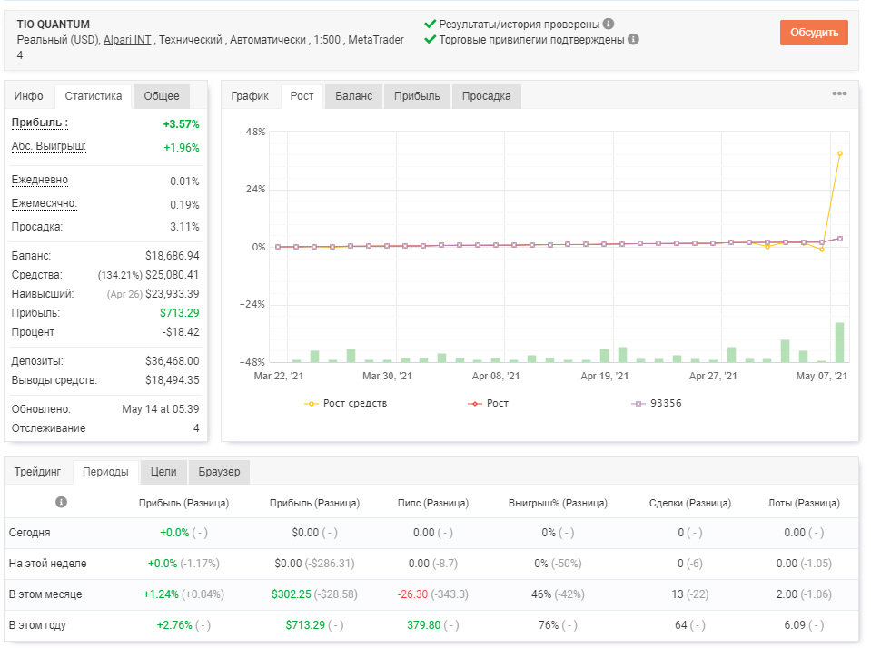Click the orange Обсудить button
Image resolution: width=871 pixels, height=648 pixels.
pos(814,33)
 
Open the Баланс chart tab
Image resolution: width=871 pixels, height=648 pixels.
pos(353,96)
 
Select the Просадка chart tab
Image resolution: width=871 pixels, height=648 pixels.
pos(486,96)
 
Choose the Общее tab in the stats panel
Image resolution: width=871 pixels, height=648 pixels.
pos(162,96)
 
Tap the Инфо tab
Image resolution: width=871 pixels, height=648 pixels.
pos(29,96)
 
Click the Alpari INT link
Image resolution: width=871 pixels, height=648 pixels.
pos(127,40)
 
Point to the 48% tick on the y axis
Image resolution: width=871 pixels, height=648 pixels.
pos(255,132)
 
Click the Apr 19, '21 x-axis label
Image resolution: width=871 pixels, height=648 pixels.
pos(604,376)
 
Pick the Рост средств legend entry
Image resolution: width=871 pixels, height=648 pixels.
pos(345,403)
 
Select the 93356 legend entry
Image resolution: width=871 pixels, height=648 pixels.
pos(657,403)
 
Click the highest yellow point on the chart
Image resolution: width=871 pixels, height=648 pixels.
pos(840,153)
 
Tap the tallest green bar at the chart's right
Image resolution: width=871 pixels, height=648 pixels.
pos(839,342)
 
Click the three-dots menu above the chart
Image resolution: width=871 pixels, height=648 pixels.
pos(839,93)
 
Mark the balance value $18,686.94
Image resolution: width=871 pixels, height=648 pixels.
pos(173,256)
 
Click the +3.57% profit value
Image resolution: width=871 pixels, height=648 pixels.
pos(181,123)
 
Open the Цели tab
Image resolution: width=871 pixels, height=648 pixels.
pos(163,472)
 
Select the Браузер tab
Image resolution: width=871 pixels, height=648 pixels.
pos(219,472)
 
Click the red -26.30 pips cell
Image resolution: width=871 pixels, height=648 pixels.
pos(412,594)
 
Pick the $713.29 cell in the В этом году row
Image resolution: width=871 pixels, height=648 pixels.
pos(305,625)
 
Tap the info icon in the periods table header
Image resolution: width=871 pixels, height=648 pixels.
pos(61,502)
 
